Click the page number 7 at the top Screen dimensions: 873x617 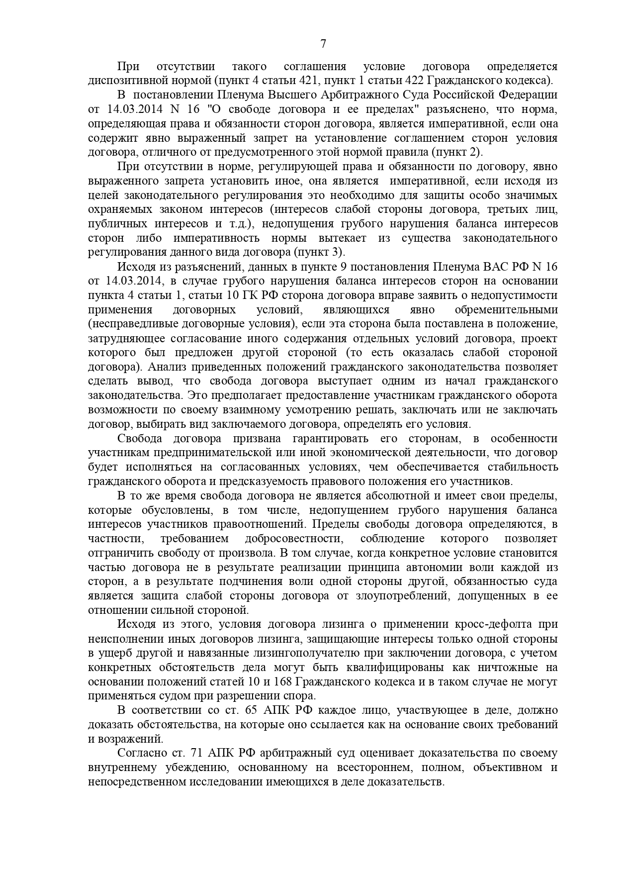pyautogui.click(x=323, y=44)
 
